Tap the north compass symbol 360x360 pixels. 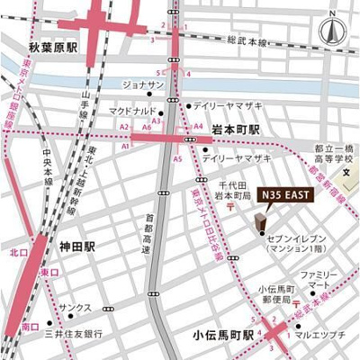(332, 29)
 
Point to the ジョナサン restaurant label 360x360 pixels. (142, 85)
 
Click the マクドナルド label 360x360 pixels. (133, 112)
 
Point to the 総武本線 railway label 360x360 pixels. (247, 41)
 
